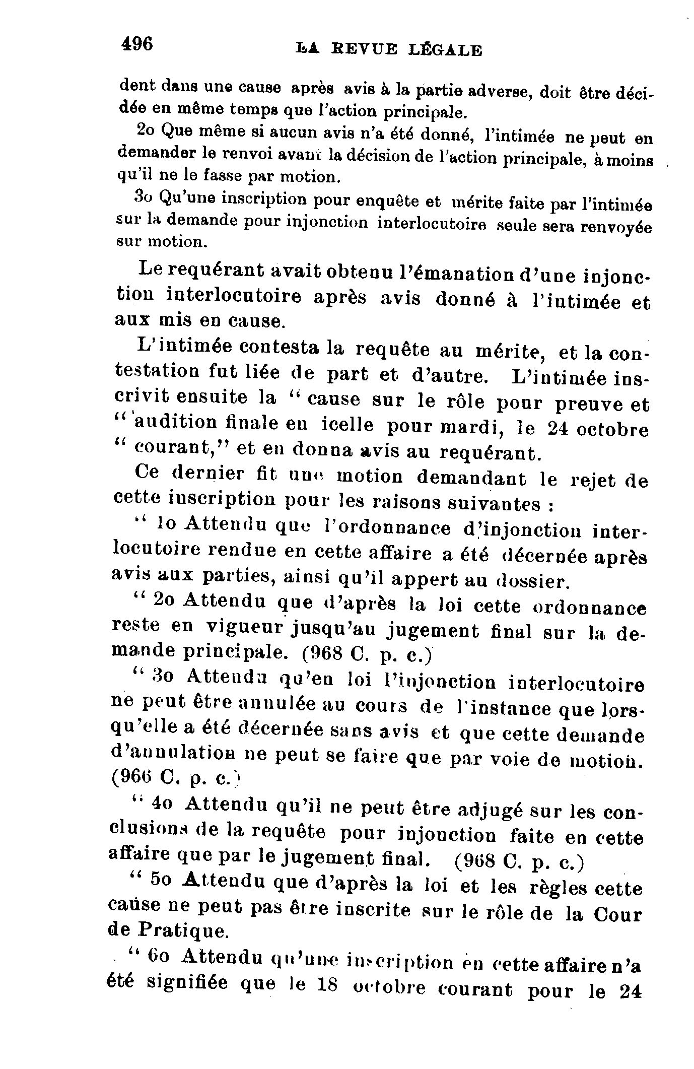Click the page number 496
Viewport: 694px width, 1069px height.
click(x=137, y=44)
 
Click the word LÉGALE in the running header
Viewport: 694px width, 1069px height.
click(x=445, y=50)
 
